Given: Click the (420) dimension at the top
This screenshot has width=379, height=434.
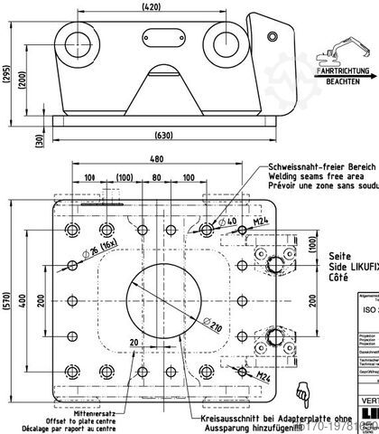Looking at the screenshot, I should (151, 8).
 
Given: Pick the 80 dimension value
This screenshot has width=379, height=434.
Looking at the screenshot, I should (157, 176).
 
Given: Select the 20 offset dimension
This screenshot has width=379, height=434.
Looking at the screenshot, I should (134, 343).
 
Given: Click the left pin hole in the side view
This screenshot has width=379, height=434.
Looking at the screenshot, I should (73, 38).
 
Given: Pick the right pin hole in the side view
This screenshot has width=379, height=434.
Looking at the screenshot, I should (224, 37).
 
